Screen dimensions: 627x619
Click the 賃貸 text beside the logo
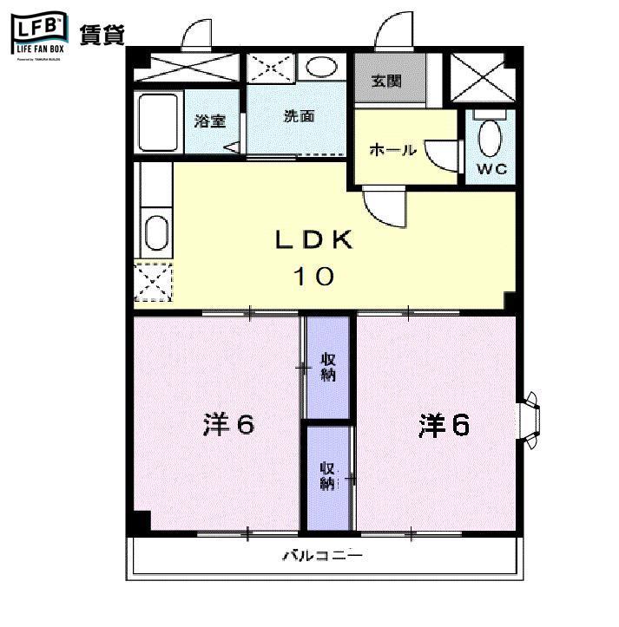[102, 35]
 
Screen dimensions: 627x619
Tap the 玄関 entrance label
[386, 82]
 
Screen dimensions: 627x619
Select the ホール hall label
[392, 149]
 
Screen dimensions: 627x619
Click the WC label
[490, 168]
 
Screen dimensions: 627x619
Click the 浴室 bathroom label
[209, 121]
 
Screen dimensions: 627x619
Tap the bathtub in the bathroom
[158, 121]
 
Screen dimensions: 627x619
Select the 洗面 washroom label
[298, 117]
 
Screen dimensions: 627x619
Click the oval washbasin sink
[323, 68]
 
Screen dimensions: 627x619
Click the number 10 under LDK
[313, 277]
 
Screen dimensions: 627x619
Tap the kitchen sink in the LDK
[155, 232]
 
